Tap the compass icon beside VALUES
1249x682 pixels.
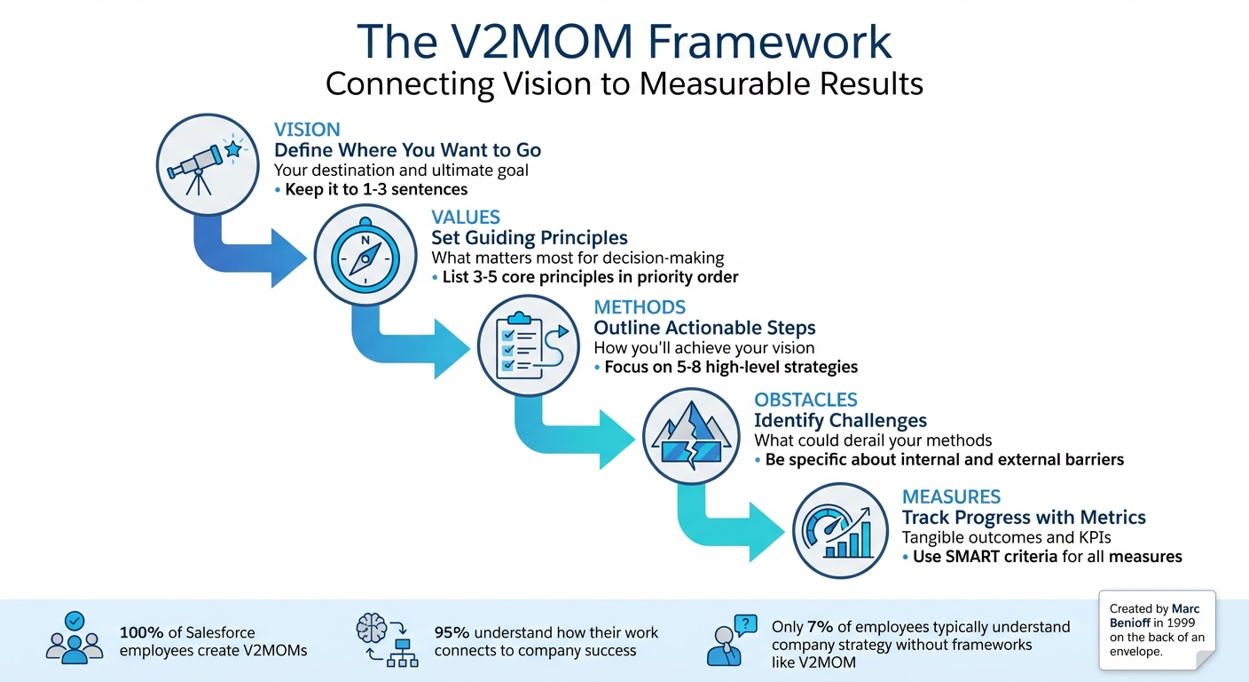364,257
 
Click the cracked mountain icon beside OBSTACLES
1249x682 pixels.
687,436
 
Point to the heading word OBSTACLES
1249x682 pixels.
805,400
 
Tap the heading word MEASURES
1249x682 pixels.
951,496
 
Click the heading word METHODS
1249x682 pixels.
640,307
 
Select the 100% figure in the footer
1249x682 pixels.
140,633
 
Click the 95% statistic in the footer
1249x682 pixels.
452,633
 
